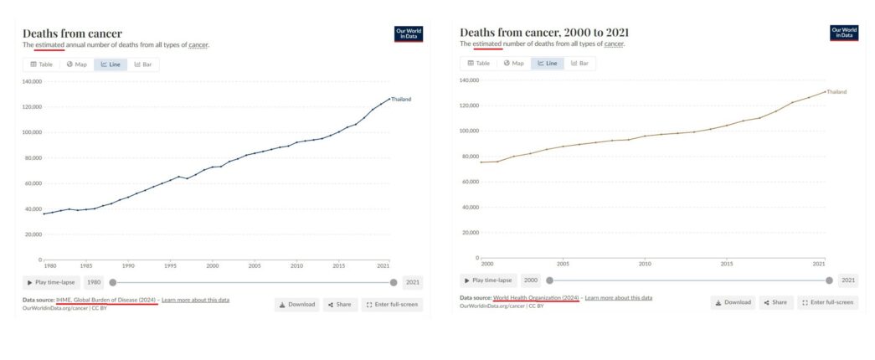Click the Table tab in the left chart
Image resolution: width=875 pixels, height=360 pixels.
41,64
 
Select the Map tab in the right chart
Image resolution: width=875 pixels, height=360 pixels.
513,63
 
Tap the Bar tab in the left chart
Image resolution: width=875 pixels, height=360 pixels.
143,64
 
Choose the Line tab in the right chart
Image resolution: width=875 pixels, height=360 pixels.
548,63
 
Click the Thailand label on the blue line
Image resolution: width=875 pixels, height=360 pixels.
401,100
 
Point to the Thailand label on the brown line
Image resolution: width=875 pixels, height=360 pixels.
836,91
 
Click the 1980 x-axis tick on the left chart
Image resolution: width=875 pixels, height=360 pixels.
50,265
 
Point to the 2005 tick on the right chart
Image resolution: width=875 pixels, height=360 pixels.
563,264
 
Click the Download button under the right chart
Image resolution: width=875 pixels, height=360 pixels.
733,302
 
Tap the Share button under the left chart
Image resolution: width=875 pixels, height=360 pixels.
339,305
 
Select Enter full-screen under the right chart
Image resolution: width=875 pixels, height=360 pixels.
827,302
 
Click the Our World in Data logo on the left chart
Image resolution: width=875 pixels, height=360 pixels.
408,33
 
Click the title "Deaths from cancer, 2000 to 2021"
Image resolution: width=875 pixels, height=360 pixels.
544,32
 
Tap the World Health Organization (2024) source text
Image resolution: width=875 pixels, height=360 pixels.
536,298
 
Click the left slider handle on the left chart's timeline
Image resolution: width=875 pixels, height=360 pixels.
113,282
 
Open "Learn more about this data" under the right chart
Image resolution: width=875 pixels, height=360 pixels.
618,298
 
